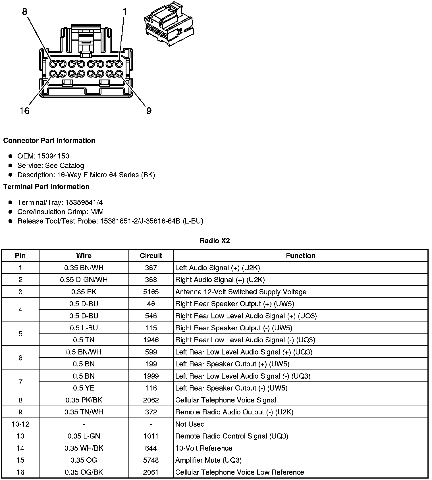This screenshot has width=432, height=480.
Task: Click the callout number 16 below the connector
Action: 24,110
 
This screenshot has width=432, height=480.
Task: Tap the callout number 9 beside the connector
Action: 149,110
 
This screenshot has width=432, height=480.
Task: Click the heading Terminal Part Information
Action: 46,187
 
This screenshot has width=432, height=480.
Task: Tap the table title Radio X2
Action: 215,241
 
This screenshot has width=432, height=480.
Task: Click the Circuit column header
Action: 151,256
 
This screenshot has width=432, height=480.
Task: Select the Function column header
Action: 301,256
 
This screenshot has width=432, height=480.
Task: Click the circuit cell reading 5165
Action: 151,292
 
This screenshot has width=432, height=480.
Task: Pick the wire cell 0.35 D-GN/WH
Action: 84,280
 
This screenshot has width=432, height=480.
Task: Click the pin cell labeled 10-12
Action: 20,424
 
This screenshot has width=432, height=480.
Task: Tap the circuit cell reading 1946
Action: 151,340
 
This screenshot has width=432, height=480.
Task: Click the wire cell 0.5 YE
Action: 84,388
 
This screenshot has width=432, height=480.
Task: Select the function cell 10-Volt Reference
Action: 204,448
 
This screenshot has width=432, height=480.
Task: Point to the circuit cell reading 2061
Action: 151,472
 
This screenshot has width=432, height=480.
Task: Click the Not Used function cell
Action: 190,424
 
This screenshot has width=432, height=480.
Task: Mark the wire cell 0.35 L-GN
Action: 84,436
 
